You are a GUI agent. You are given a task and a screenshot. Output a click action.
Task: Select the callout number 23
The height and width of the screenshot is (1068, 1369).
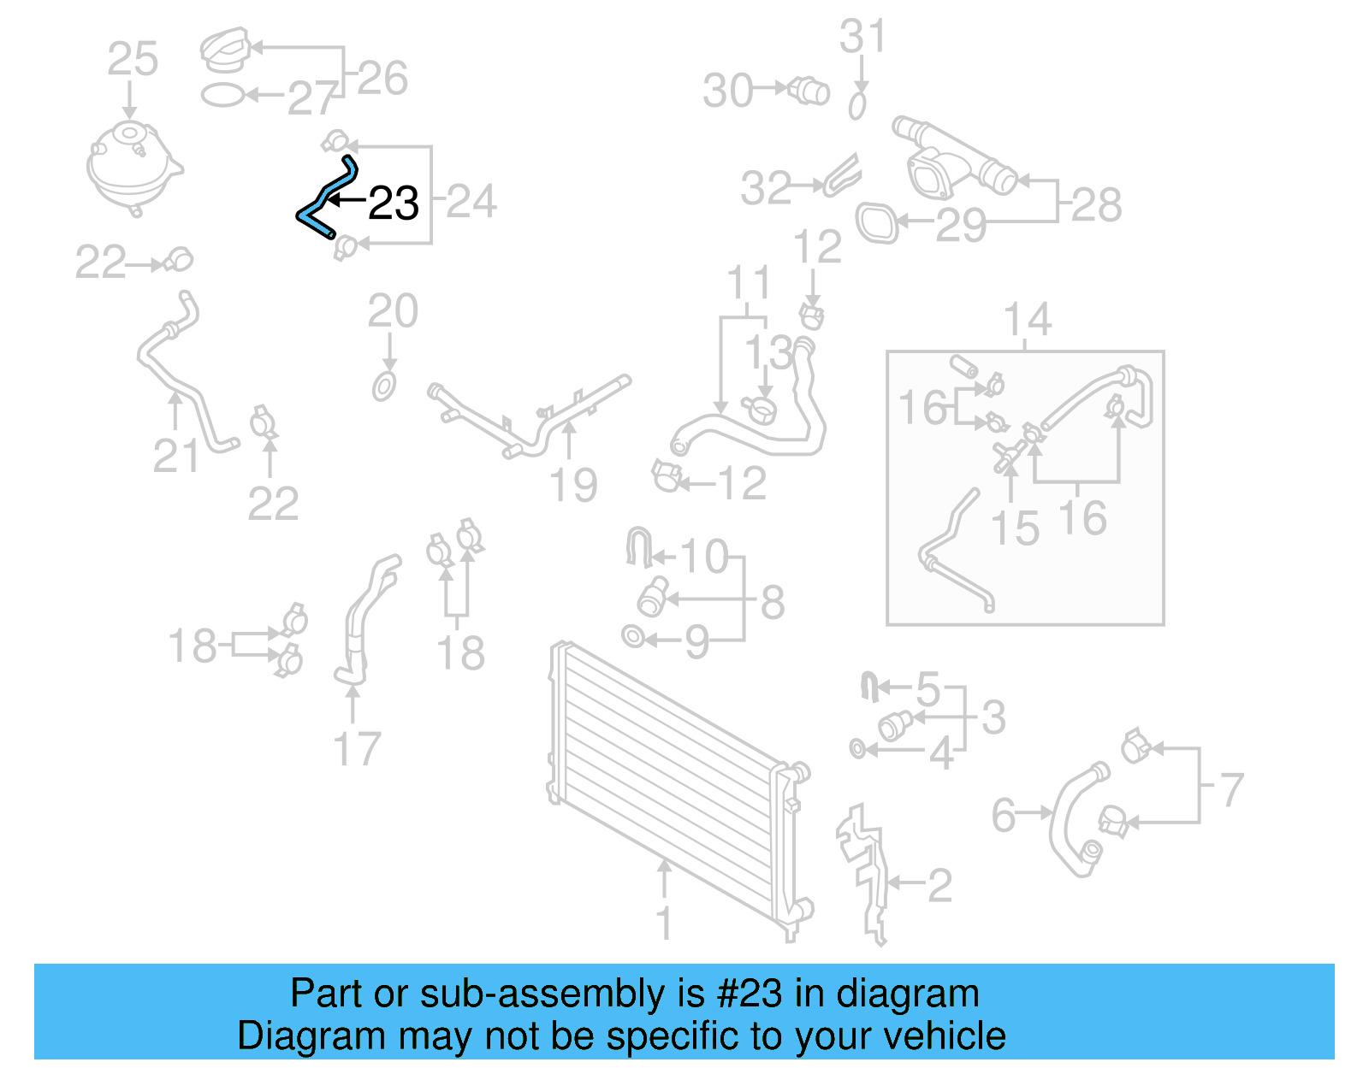[x=393, y=204]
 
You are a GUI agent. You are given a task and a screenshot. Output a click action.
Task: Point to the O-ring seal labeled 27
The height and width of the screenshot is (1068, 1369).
[x=223, y=95]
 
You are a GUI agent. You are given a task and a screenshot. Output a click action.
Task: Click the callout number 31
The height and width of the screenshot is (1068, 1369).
[x=862, y=38]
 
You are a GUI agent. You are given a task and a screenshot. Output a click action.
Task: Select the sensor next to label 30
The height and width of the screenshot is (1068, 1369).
[x=809, y=90]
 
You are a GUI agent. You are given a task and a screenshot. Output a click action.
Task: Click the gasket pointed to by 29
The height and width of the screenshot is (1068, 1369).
[x=877, y=222]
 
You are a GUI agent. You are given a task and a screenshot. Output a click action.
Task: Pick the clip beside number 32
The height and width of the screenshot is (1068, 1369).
[x=842, y=177]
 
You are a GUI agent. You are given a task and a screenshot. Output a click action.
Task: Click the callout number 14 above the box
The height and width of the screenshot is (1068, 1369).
[x=1027, y=320]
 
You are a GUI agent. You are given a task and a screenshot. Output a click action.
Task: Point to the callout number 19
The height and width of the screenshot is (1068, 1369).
[x=572, y=485]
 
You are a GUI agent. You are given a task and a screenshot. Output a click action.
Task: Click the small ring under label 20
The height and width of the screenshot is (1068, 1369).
[x=384, y=386]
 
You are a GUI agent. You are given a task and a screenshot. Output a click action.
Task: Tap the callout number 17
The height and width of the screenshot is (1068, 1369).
[x=356, y=749]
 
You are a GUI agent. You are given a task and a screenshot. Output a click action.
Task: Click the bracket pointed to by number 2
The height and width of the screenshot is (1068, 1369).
[x=864, y=872]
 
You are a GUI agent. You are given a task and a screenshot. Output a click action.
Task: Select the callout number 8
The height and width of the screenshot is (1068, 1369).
[x=772, y=602]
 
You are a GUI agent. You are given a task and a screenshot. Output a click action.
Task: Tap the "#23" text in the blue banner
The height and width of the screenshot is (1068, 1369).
[x=750, y=994]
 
